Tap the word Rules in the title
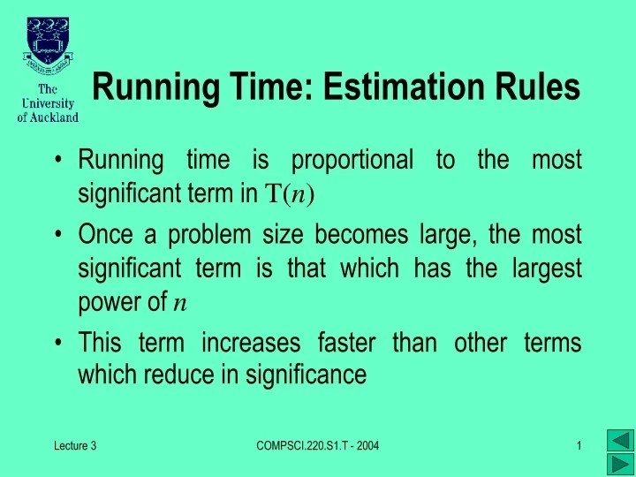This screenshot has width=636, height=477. click(540, 87)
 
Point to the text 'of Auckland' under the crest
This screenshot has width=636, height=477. click(48, 117)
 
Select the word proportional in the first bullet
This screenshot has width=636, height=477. click(352, 161)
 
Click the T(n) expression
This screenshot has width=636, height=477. click(290, 193)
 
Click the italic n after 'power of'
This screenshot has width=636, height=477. click(179, 304)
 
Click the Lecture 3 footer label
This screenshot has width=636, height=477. click(73, 447)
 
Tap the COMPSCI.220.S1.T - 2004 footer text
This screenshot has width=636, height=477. click(317, 447)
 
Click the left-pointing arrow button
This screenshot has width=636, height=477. click(621, 441)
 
